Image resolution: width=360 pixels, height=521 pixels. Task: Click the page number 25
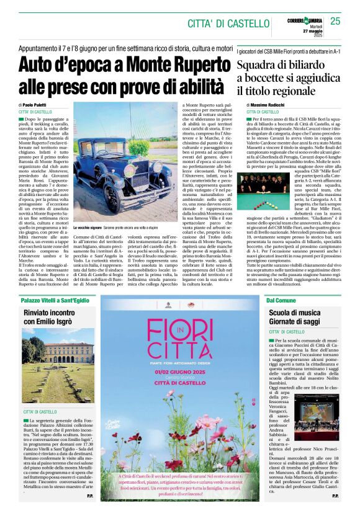(x=335, y=21)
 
